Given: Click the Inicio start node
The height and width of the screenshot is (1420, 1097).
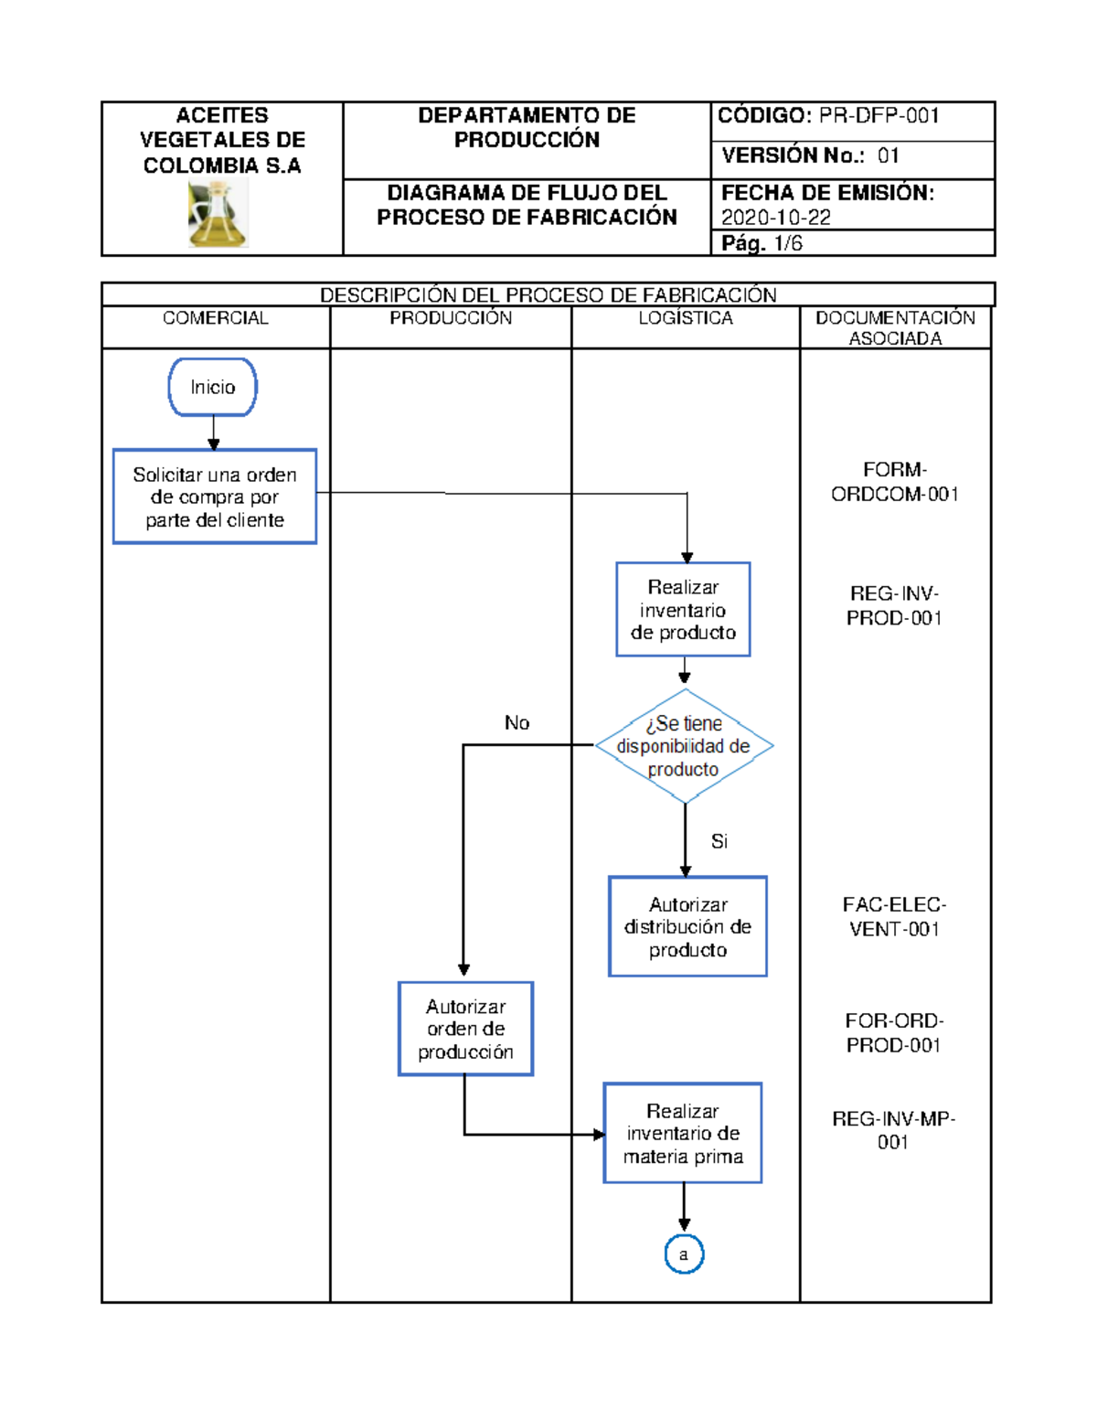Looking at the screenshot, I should point(212,388).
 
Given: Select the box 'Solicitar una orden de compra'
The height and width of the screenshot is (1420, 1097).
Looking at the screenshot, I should point(215,496).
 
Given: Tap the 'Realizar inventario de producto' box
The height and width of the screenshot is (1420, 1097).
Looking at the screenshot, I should point(683,610).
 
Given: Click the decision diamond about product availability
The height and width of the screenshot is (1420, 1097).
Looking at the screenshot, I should point(684,746).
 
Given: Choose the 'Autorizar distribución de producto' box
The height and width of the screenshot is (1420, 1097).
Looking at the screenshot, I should point(687,927).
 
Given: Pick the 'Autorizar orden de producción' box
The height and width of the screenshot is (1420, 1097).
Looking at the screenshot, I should point(465,1029).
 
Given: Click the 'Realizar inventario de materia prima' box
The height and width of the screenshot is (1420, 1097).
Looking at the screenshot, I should point(683,1134).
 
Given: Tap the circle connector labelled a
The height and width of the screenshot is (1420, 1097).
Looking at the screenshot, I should point(684,1255).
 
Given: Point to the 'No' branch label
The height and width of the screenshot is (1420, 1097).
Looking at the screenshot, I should point(517,723).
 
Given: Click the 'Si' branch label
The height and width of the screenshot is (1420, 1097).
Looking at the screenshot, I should point(719,841).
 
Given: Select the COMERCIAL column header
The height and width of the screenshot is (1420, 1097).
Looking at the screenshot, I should point(216,318).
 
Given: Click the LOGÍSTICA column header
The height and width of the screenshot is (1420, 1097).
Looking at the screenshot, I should point(686,318).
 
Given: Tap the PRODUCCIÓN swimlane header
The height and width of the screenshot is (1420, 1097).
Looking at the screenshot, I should point(451,318).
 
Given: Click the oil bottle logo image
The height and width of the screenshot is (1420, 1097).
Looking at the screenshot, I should point(218,214).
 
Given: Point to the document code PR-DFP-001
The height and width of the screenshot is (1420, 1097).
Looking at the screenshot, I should point(879,116).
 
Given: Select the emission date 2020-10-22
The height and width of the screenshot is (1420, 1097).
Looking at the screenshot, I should point(776,218).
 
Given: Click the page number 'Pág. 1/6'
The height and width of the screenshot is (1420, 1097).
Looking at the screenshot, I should point(762,243).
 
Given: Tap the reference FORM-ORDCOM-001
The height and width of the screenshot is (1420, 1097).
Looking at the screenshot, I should point(895,482).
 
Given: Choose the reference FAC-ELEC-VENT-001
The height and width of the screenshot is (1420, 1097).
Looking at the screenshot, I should point(895,917).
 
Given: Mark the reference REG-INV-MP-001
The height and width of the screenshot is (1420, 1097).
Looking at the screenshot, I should point(893,1130).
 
